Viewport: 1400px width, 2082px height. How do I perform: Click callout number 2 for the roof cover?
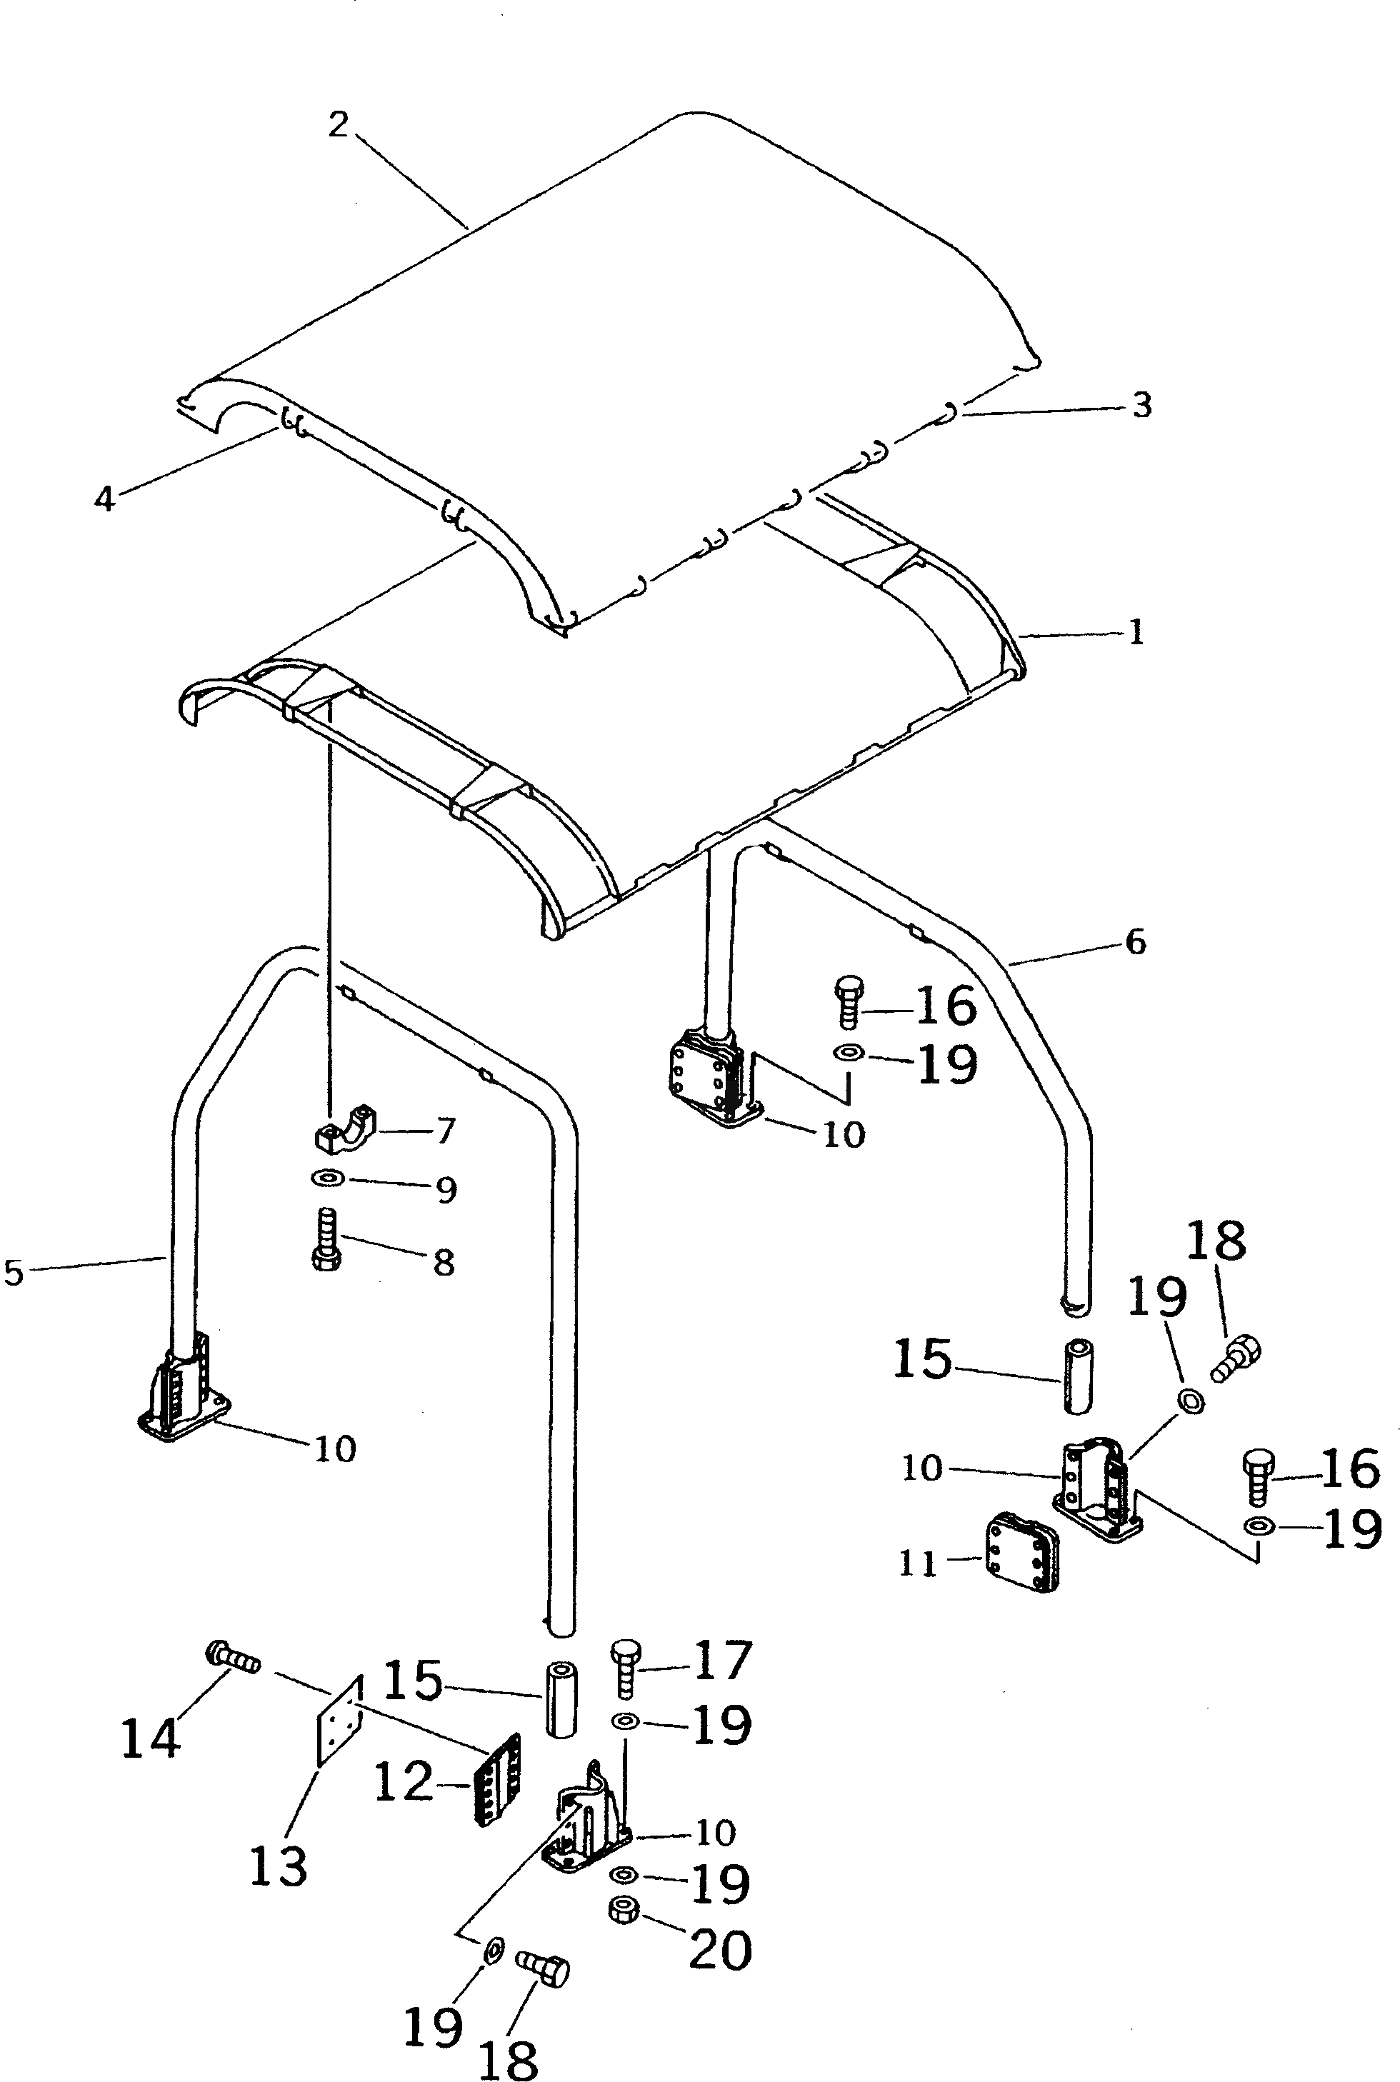(x=336, y=125)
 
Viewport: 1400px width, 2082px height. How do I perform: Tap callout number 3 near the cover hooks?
(x=1142, y=406)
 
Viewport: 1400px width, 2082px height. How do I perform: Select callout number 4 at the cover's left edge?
(x=104, y=499)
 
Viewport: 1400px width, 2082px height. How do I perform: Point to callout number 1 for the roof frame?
(x=1136, y=633)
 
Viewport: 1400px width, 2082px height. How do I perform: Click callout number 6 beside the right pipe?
(x=1135, y=942)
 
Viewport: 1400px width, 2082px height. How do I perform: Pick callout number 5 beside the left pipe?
(x=14, y=1272)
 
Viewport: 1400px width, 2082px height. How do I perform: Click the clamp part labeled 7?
(x=346, y=1128)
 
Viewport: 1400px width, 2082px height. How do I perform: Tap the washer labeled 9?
(x=329, y=1179)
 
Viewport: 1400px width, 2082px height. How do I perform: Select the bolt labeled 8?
(x=323, y=1240)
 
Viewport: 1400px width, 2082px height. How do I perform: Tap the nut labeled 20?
(x=621, y=1910)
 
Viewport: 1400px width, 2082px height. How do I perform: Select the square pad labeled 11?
(x=1021, y=1553)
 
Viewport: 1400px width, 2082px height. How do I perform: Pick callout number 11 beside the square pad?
(x=918, y=1563)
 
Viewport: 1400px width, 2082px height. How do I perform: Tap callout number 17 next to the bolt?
(x=722, y=1658)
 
